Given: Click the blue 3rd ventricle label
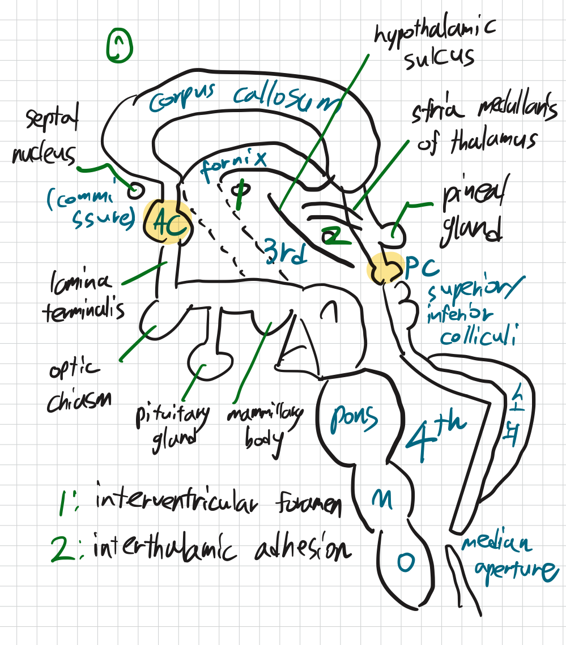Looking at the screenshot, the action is tap(286, 251).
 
